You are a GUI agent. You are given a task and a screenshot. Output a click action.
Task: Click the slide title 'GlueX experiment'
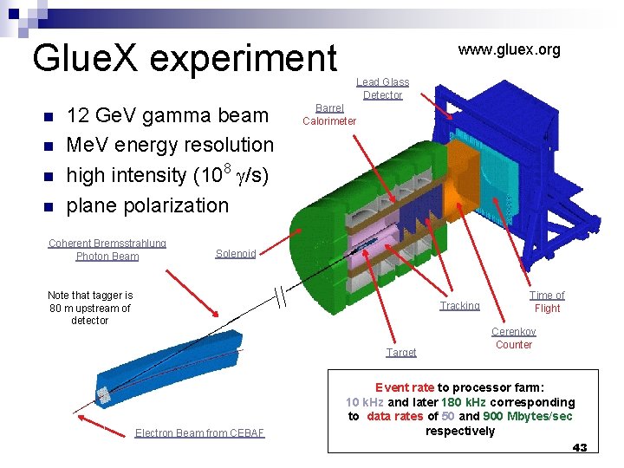184,58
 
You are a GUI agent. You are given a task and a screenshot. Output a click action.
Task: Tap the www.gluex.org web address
509,49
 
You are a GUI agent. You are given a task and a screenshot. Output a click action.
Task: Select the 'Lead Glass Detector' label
382,88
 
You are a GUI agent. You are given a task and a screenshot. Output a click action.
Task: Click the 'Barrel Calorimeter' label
328,114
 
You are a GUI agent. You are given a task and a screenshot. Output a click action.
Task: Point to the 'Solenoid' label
236,254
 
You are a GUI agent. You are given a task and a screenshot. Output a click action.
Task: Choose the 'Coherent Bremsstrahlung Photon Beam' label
107,250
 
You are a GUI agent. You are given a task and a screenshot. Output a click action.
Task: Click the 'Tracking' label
459,306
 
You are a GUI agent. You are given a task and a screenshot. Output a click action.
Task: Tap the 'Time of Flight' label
547,302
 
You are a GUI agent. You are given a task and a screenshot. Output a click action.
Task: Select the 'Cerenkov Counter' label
514,338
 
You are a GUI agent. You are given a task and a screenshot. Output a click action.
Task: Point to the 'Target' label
401,353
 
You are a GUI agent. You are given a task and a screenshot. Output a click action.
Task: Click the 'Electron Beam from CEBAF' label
199,433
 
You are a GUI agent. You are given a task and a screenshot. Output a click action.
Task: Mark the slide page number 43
580,448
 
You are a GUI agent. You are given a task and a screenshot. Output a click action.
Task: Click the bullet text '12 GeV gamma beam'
167,115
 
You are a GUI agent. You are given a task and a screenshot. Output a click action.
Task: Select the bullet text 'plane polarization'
147,205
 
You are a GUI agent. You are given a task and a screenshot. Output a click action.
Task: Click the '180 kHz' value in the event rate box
465,402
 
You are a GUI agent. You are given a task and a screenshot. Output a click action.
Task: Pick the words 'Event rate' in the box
404,387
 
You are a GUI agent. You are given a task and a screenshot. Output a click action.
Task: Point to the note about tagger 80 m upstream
90,308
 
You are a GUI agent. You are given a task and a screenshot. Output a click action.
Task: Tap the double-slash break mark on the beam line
279,296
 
